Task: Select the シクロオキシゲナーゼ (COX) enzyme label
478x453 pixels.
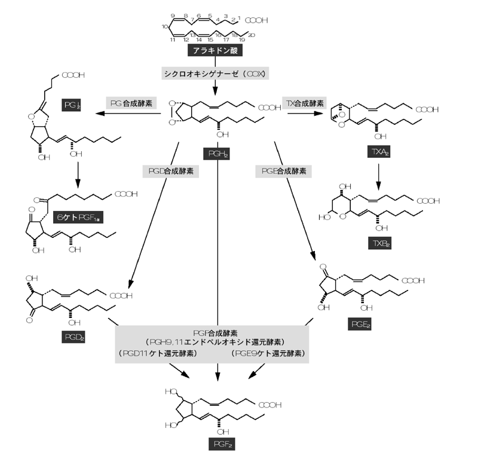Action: [216, 75]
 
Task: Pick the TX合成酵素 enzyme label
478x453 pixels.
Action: [303, 103]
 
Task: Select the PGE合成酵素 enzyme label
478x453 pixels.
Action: [284, 171]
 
